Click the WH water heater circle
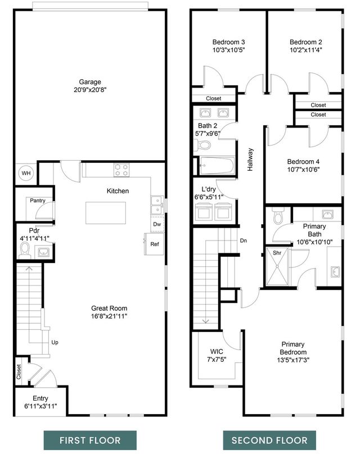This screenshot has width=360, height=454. pos(26,173)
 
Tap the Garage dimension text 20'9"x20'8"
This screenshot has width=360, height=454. pos(90,90)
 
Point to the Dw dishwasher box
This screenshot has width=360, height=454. pos(157,224)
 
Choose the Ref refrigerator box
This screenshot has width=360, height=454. pos(154,244)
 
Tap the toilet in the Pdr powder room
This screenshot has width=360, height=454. pos(24,251)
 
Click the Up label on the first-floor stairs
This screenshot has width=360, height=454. pos(55,342)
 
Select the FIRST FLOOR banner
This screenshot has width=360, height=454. pos(91,440)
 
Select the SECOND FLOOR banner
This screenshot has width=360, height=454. pos(269,440)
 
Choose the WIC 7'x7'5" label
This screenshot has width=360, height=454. pos(216,356)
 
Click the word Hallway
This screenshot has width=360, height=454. pos(251,160)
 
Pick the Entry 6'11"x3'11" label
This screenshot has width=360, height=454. pos(40,402)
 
